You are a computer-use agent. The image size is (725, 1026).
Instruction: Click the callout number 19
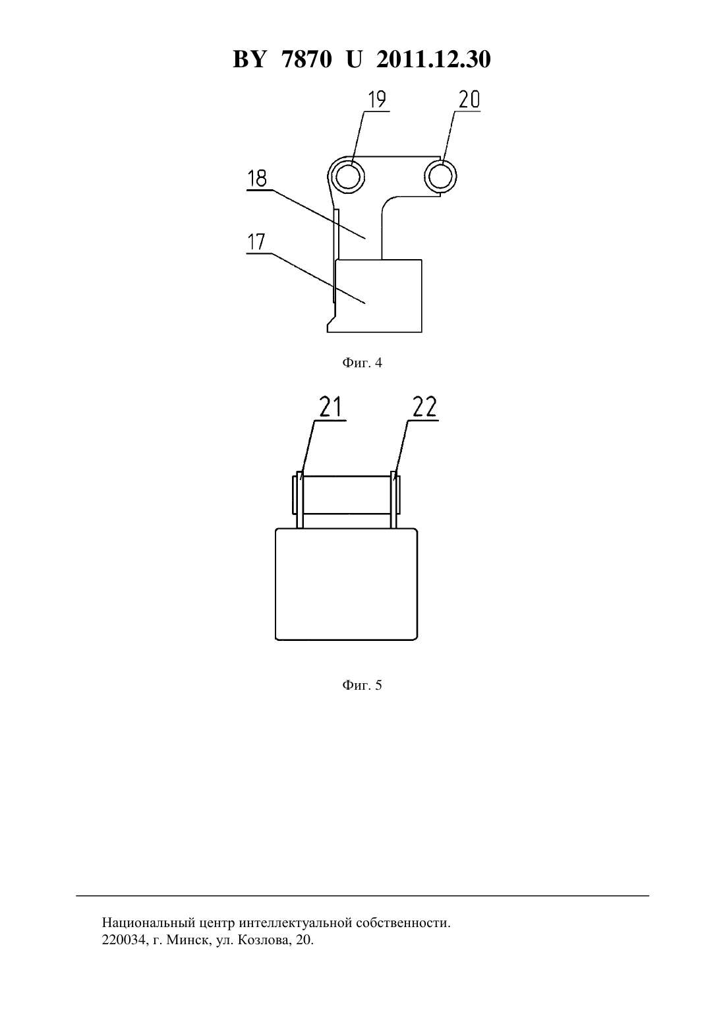click(x=378, y=100)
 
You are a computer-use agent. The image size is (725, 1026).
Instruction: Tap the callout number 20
click(x=469, y=100)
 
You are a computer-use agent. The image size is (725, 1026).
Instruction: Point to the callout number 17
click(x=256, y=242)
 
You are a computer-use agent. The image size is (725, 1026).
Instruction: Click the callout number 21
click(x=330, y=407)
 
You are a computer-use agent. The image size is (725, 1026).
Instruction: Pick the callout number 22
click(x=424, y=407)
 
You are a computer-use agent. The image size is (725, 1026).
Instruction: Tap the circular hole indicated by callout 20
click(x=440, y=177)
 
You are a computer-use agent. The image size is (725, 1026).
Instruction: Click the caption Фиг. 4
click(x=362, y=363)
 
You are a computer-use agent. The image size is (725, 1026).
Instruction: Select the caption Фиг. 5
click(x=362, y=685)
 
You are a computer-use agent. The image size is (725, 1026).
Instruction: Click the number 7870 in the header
click(x=306, y=59)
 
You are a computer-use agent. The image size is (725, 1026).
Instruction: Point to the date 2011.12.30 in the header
click(x=434, y=59)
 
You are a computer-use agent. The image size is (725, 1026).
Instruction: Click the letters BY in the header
click(x=249, y=59)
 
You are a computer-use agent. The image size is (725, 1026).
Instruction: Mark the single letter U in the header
click(x=354, y=59)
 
